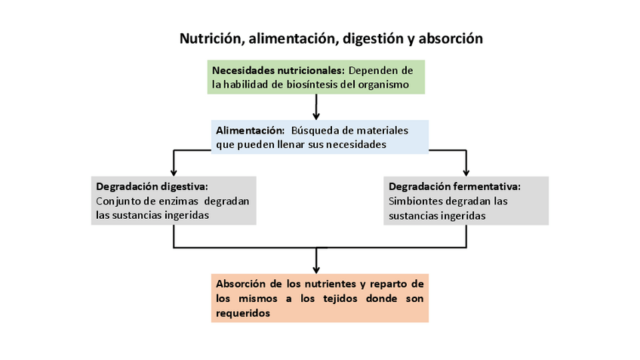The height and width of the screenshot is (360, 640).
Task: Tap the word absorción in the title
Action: [450, 38]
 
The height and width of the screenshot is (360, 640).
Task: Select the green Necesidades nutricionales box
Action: [316, 77]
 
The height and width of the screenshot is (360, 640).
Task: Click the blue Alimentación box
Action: [320, 137]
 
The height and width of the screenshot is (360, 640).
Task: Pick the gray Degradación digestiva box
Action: [174, 200]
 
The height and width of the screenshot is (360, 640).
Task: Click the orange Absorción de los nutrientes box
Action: [320, 298]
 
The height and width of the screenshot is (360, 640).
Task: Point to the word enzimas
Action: [178, 201]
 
